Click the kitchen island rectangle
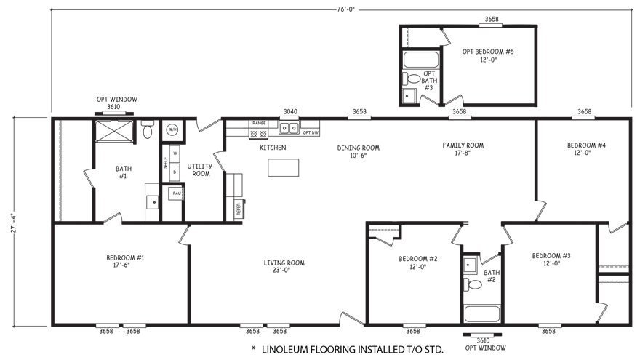[x=283, y=167]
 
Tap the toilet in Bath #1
[x=148, y=131]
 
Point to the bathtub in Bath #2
[x=479, y=314]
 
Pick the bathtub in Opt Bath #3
[x=418, y=59]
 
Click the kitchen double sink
[x=289, y=129]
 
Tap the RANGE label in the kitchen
[x=258, y=124]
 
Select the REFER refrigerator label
[x=238, y=209]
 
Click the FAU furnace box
[x=175, y=193]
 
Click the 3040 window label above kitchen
[x=290, y=112]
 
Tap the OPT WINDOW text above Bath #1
[x=117, y=99]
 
